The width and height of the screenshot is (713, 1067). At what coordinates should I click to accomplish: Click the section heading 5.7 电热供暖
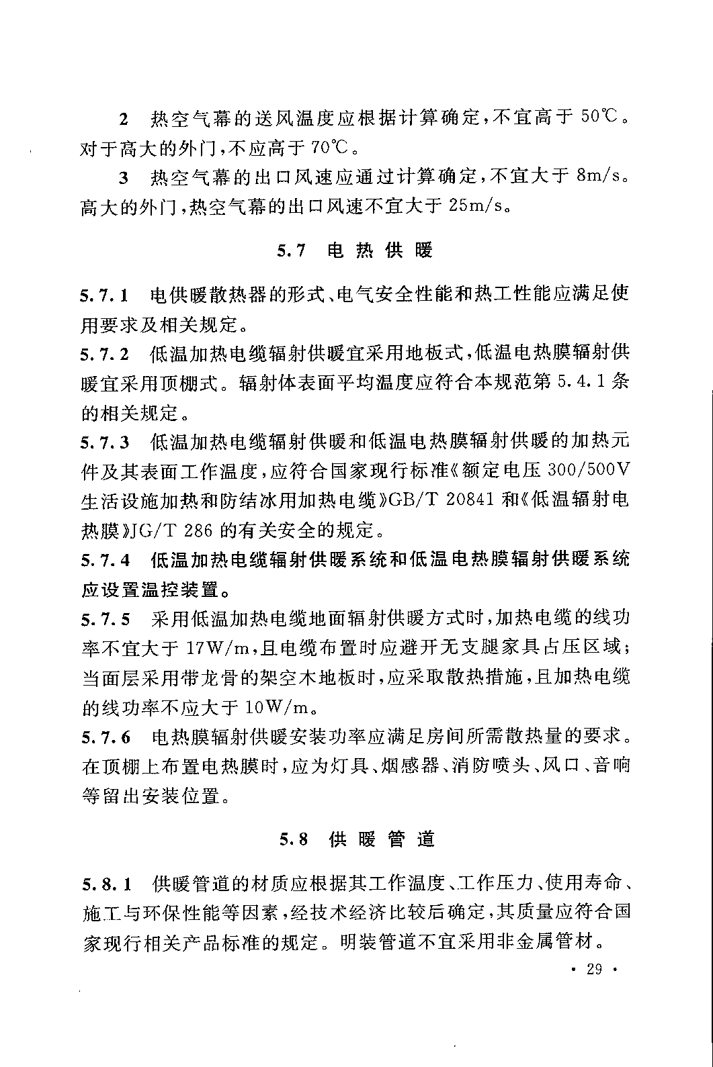tap(355, 251)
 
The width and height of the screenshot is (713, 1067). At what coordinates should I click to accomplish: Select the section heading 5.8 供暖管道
tap(357, 839)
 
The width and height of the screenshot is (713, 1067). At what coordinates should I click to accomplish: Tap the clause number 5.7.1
tap(105, 295)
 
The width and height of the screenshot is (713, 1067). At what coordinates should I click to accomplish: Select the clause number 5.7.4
tap(105, 560)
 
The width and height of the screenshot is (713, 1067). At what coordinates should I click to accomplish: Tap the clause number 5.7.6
tap(105, 737)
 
